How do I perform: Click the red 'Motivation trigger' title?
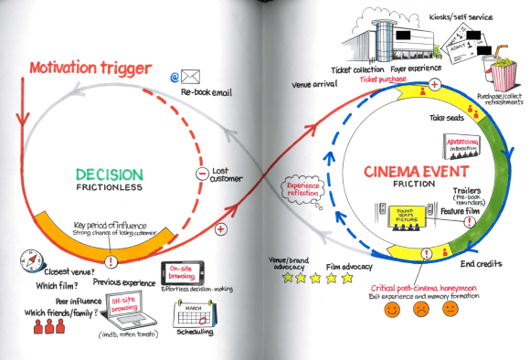[x=90, y=69]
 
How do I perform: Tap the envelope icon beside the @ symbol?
[x=189, y=77]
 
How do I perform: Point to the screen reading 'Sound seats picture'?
[x=404, y=216]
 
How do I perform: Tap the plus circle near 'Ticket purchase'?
[x=435, y=85]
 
